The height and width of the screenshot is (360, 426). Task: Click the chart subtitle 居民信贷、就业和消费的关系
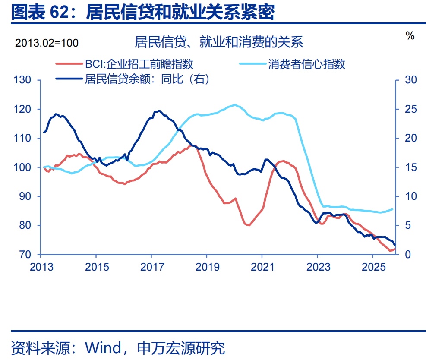(219, 42)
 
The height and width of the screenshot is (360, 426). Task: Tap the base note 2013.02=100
(47, 43)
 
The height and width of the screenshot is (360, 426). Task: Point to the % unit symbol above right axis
(410, 36)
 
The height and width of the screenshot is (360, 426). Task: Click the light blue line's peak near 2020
(235, 105)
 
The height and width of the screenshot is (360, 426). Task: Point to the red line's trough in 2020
(249, 225)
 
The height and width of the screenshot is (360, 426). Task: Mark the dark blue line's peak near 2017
(159, 111)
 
